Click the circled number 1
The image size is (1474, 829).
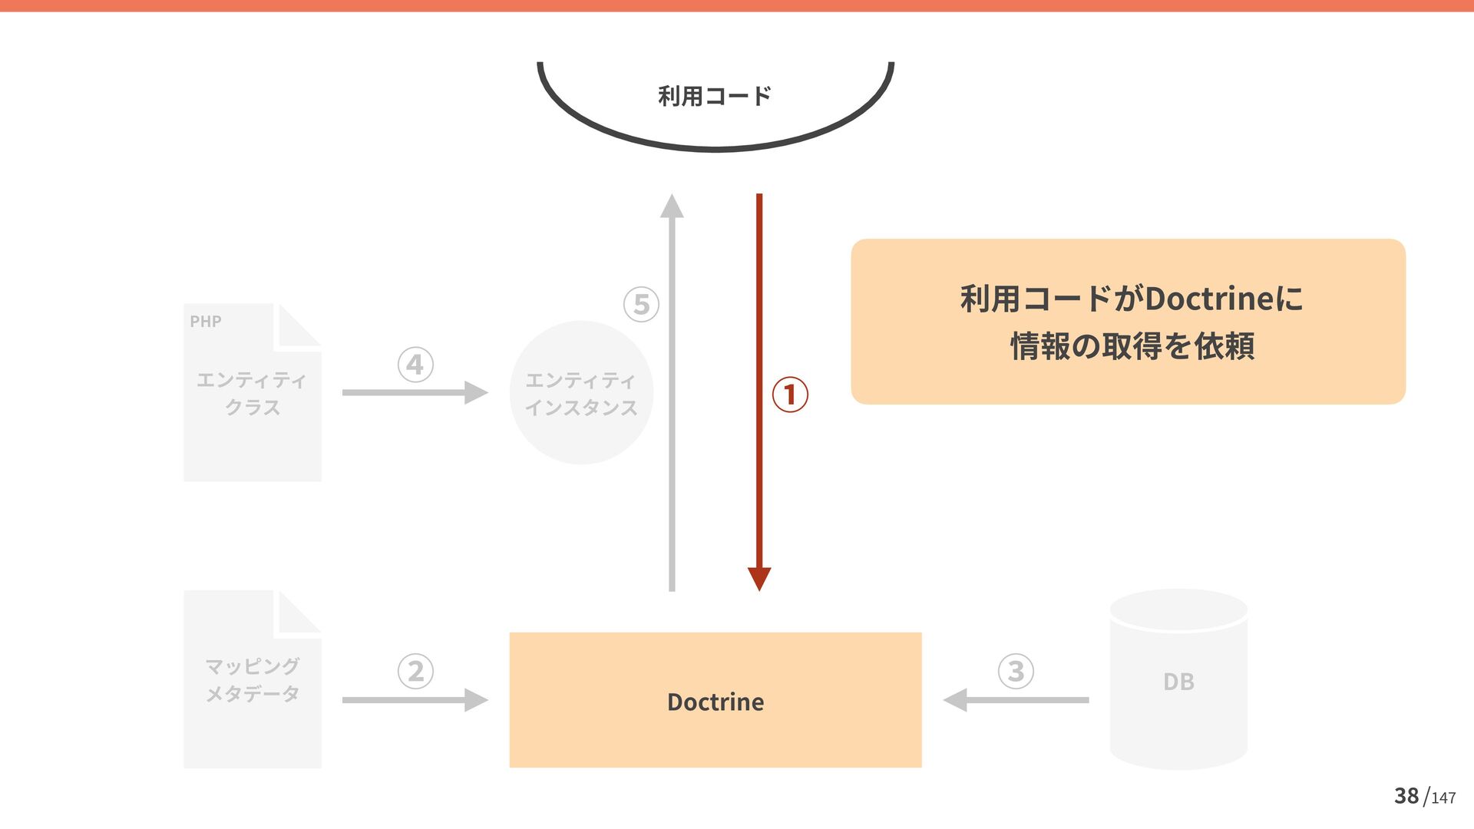point(790,395)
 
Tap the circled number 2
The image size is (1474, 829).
point(415,671)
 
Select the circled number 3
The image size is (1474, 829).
point(1016,671)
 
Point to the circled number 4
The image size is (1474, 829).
point(415,365)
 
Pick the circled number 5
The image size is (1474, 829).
point(641,304)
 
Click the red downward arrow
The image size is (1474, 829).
point(759,391)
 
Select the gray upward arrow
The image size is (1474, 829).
point(672,391)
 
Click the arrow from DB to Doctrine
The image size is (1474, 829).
point(1016,700)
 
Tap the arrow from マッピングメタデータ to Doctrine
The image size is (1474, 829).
point(415,700)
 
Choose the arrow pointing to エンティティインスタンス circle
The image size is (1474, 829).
point(415,392)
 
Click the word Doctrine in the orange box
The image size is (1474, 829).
point(716,702)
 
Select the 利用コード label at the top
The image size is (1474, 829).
point(715,97)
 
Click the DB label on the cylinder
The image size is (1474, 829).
point(1178,682)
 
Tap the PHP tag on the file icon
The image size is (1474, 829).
point(206,322)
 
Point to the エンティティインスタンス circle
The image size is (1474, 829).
point(581,393)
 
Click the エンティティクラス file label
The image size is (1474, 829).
point(252,393)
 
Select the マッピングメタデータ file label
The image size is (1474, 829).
point(252,680)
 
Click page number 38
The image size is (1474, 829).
point(1406,796)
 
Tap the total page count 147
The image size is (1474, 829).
point(1443,798)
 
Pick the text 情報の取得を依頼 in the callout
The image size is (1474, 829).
point(1132,346)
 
